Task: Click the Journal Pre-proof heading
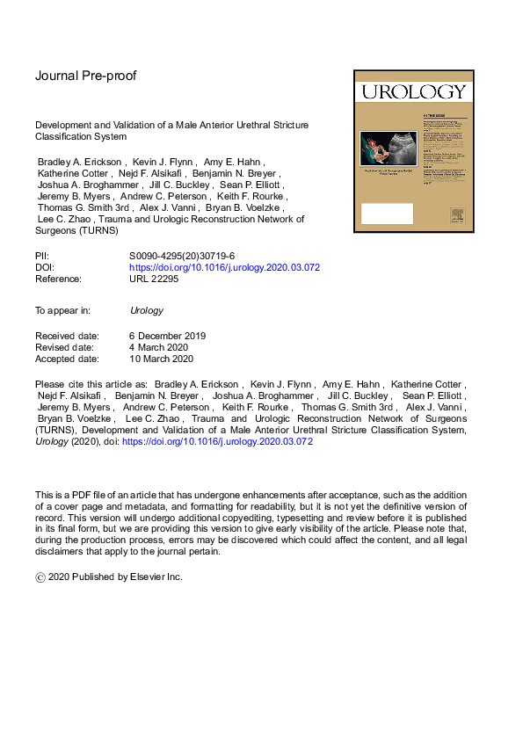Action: click(x=85, y=76)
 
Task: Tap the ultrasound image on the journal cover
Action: click(x=395, y=146)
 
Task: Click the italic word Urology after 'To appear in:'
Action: click(x=146, y=310)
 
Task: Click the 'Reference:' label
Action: click(x=58, y=279)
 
